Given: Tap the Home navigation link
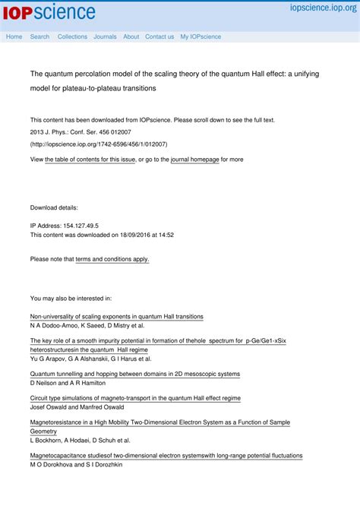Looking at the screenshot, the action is coord(14,36).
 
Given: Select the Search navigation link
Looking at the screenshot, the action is coord(39,36).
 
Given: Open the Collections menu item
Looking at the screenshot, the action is coord(72,36).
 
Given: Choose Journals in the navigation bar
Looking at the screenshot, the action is coord(105,36).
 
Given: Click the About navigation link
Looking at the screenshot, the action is coord(131,36).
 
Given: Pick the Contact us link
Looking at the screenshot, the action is coord(159,36).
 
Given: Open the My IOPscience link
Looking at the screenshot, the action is coord(201,36).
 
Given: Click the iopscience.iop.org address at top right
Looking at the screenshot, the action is coord(323,8).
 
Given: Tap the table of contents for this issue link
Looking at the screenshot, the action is coord(90,160).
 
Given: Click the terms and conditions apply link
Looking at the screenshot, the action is coord(112,259).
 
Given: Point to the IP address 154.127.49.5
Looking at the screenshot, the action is coord(76,226).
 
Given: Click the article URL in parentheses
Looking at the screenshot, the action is coord(99,144).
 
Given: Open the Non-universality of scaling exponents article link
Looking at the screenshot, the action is coord(116,316).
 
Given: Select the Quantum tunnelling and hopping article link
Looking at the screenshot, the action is coord(134,374).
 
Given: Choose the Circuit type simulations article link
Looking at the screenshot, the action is coord(135,397).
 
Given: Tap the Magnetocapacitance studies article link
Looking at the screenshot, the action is coord(166,456).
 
